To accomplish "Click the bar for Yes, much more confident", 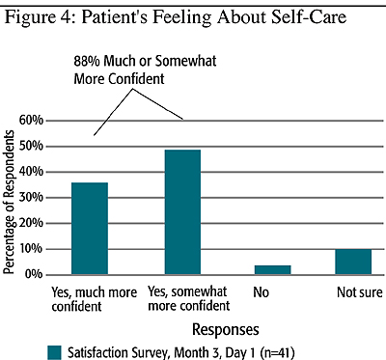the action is pyautogui.click(x=90, y=229).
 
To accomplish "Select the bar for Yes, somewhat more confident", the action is pyautogui.click(x=182, y=212).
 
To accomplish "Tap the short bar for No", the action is pyautogui.click(x=273, y=270).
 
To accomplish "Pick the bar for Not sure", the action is pyautogui.click(x=353, y=262).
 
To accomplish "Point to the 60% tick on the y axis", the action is pyautogui.click(x=31, y=121).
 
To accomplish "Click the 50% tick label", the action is pyautogui.click(x=31, y=146).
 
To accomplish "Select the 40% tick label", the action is pyautogui.click(x=31, y=172).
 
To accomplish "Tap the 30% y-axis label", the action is pyautogui.click(x=31, y=198).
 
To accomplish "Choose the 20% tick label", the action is pyautogui.click(x=31, y=223).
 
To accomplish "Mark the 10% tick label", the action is pyautogui.click(x=31, y=249).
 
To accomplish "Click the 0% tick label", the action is pyautogui.click(x=35, y=274).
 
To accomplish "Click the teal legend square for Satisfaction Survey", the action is pyautogui.click(x=54, y=353).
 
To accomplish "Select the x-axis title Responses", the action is pyautogui.click(x=226, y=330).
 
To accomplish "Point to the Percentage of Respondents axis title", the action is pyautogui.click(x=9, y=202).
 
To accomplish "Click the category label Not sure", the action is pyautogui.click(x=360, y=292).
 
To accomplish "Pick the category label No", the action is pyautogui.click(x=261, y=292).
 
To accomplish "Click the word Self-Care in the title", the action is pyautogui.click(x=309, y=17).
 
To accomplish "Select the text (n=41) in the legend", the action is pyautogui.click(x=276, y=353).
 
